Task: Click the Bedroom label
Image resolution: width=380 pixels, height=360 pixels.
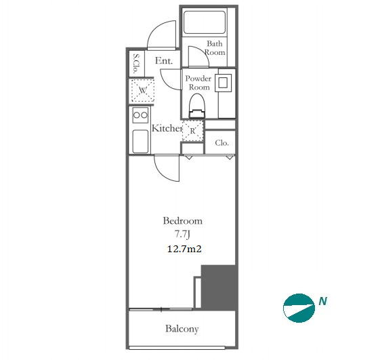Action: pos(182,221)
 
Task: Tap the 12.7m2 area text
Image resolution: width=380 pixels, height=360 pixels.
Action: pos(184,249)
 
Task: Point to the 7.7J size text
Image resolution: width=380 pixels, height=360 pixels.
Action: pos(182,235)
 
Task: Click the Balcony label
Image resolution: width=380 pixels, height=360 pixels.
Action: pos(182,329)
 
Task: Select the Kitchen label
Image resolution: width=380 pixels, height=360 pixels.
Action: pos(167,128)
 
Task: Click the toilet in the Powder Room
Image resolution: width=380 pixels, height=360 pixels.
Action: pos(197,106)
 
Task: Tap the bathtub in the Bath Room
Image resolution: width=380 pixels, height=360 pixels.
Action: pos(205,22)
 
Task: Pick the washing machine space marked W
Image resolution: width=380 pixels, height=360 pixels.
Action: pos(143,90)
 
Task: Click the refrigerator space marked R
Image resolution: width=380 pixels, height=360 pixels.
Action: pos(192,131)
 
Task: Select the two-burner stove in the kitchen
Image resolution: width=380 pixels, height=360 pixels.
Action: pos(140,115)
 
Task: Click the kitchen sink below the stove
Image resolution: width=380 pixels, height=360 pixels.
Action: pos(140,141)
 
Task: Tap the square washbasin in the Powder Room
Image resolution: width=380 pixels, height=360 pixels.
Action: pos(223,83)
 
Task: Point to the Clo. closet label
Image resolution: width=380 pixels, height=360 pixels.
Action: pos(221,143)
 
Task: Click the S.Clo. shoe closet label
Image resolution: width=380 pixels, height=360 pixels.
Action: pos(136,63)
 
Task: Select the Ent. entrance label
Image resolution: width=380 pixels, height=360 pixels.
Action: pos(164,60)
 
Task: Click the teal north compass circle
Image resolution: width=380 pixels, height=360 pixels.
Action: pos(299,308)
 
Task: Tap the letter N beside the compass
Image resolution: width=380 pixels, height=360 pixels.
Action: pos(323,301)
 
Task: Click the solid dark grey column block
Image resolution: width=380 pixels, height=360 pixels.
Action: pos(218,287)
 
